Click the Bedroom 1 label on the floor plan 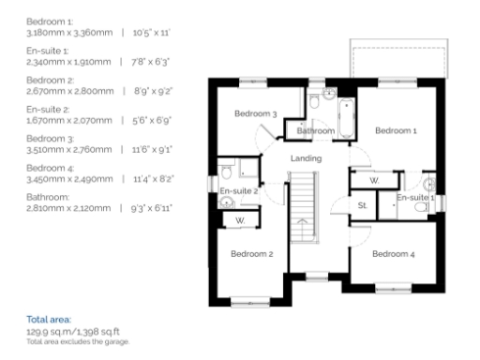pos(396,131)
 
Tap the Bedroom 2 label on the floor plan pos(251,254)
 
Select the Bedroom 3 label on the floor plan pos(255,114)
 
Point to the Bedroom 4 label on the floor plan pos(394,254)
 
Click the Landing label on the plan pos(307,158)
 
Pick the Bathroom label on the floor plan pos(317,131)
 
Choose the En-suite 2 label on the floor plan pos(238,192)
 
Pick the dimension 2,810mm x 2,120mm pos(46,205)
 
